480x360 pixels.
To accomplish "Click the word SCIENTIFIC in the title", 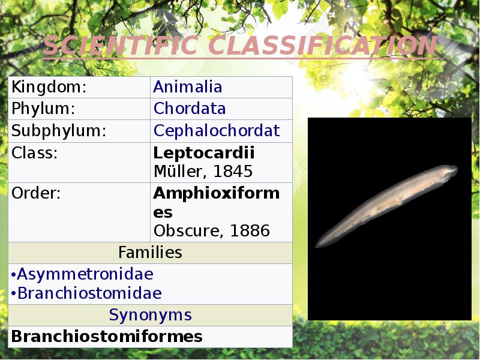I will point(112,46).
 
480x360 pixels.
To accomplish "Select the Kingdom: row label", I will point(49,87).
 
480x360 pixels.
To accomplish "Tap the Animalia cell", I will point(188,87).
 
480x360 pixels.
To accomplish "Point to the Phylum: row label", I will point(43,109).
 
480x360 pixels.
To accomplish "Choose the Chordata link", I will point(190,109).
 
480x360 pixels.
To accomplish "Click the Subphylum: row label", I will point(59,131).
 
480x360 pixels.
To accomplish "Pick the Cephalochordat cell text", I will point(217,131).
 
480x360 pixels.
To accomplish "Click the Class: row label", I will point(35,152).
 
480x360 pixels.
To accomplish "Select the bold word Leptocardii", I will point(204,152).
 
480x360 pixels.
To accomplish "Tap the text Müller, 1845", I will point(203,172).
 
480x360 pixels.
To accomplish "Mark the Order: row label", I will point(36,193).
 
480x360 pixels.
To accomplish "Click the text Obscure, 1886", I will point(212,230).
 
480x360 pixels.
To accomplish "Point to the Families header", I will point(150,253).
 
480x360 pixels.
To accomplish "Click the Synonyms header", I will point(150,315).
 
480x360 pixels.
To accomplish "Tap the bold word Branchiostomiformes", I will point(107,337).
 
